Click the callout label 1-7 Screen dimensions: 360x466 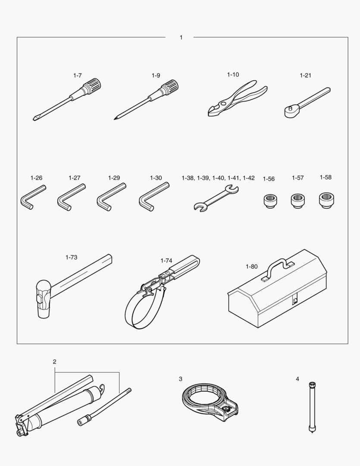[x=77, y=76]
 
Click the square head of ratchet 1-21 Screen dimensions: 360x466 [x=289, y=112]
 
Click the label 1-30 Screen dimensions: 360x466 [x=156, y=178]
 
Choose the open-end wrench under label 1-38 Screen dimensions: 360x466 [x=216, y=198]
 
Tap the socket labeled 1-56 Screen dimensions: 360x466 [x=270, y=201]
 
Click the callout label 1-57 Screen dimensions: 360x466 [x=297, y=178]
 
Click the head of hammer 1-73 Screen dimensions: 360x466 [x=43, y=299]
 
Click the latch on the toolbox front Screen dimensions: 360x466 [x=294, y=300]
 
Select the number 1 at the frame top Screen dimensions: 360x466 [x=181, y=38]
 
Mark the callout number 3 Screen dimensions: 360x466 [x=180, y=379]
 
